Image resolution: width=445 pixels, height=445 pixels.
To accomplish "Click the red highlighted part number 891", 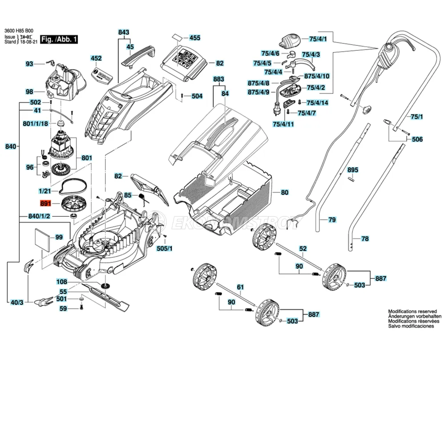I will coord(46,204).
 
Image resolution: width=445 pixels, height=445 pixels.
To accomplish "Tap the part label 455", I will coord(195,38).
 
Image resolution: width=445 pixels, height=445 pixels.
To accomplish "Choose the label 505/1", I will coord(165,248).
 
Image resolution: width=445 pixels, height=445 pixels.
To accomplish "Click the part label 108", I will coord(61,282).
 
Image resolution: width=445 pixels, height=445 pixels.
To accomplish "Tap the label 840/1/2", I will coord(40,216).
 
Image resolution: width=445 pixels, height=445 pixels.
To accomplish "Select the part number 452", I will coord(96,58).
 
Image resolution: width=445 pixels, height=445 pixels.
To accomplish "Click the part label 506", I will coord(417,139).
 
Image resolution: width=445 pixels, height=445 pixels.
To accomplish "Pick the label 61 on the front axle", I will coord(241,287).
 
